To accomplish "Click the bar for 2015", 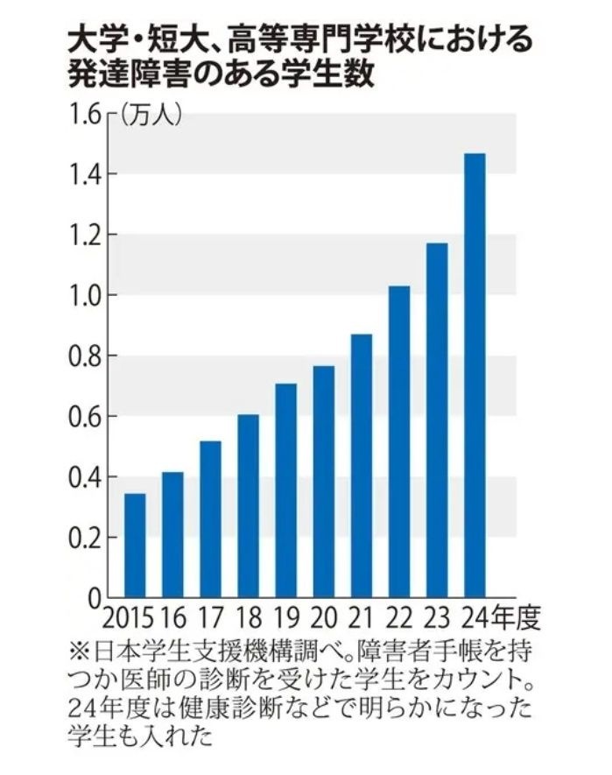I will [135, 545].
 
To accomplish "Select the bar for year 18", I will [249, 505].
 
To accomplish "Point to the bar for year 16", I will [172, 534].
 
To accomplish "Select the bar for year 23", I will [437, 419].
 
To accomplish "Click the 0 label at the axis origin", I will [95, 599].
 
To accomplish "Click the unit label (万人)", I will [151, 115].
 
